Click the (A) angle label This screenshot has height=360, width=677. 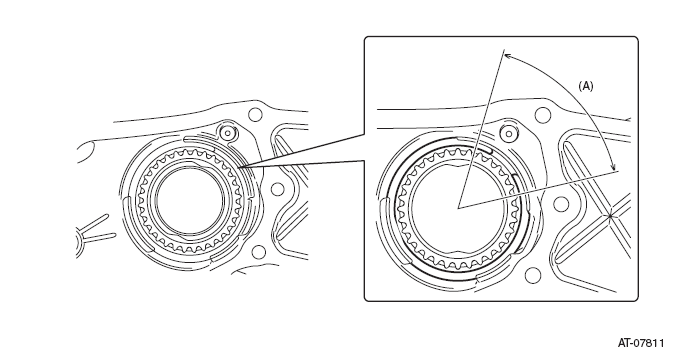pos(585,86)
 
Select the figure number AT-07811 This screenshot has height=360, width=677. pos(641,343)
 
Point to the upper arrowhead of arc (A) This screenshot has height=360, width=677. pos(507,56)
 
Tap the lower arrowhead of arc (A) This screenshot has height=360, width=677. pos(613,168)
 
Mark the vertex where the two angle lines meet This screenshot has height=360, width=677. pos(458,208)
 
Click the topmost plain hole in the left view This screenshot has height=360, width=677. pos(255,115)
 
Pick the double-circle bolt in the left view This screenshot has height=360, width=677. pos(228,132)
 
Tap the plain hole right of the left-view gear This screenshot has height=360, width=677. pos(277,189)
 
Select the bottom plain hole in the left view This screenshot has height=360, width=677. pos(258,252)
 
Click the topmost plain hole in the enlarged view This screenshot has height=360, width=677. pos(543,115)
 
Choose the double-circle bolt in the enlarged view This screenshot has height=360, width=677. pos(509,134)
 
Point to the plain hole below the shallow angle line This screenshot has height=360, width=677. pos(561,203)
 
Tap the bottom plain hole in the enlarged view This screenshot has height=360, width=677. pos(532,275)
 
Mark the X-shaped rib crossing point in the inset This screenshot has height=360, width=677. pos(610,216)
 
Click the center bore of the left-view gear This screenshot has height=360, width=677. pos(191,202)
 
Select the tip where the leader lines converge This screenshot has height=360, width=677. pos(239,167)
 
